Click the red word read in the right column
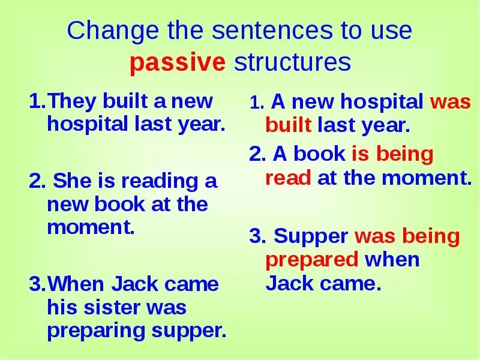(x=287, y=178)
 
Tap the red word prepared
(x=311, y=260)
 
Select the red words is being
(x=392, y=154)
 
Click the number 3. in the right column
(x=258, y=236)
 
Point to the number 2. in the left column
(x=36, y=181)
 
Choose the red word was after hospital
(x=450, y=102)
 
